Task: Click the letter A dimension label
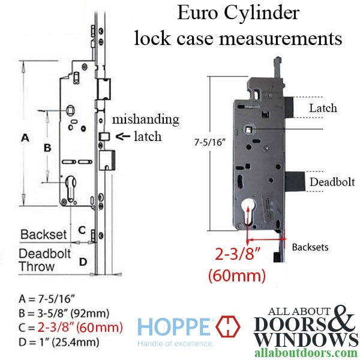coord(26,137)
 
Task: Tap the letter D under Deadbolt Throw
coord(83,261)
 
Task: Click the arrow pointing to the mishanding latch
coord(123,136)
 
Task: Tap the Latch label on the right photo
coord(323,108)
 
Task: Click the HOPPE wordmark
coord(174,328)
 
